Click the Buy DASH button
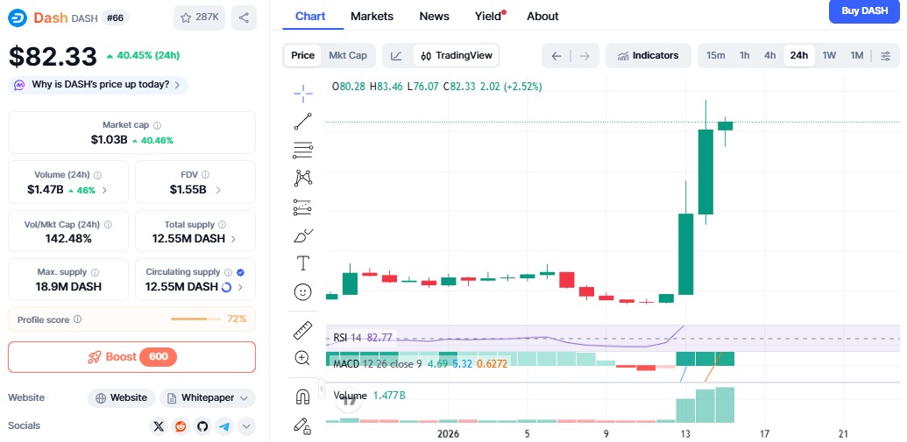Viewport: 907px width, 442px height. coord(865,11)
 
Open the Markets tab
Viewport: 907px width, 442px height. coord(372,16)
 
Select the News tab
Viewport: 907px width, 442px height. coord(435,16)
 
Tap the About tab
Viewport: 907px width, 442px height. coord(542,16)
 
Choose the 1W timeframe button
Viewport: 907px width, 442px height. coord(830,55)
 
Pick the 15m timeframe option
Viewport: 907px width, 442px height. coord(716,55)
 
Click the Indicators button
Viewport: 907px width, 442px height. coord(648,55)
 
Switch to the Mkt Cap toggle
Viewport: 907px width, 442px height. coord(348,55)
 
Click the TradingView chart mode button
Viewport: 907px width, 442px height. coord(457,55)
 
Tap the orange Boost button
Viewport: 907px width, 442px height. coord(131,357)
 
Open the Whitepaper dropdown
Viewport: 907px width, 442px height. coord(208,398)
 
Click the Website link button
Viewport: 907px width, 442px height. coord(122,398)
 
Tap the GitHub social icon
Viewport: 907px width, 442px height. coord(202,426)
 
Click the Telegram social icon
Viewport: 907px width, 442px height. coord(224,426)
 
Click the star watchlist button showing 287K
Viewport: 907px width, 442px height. coord(199,18)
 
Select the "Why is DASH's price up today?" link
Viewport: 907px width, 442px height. coord(98,85)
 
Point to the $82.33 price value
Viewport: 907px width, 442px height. coord(53,56)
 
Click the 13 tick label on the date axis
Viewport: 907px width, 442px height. coord(685,433)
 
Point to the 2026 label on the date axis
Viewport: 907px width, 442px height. coord(449,433)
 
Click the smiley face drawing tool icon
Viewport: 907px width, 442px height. coord(302,291)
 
